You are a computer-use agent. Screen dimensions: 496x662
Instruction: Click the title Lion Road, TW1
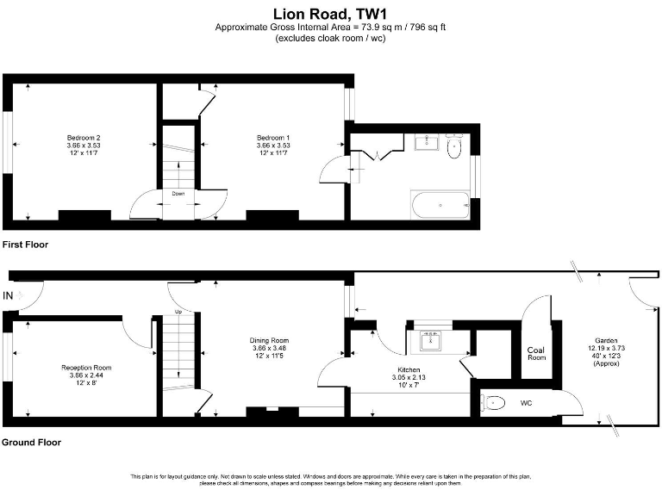(330, 13)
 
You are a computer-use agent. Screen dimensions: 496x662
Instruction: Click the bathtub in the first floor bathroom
(440, 205)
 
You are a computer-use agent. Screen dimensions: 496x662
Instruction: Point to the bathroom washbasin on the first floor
(428, 143)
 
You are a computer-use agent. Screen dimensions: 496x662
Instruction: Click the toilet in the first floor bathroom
(455, 148)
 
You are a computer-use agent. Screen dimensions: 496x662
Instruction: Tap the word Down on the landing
(178, 194)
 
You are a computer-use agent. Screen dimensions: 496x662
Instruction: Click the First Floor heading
(25, 245)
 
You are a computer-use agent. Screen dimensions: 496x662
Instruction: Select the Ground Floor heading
(31, 443)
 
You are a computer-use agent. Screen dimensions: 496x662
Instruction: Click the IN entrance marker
(9, 296)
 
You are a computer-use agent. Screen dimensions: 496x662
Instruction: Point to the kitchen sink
(429, 341)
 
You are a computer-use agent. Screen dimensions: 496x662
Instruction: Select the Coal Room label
(536, 354)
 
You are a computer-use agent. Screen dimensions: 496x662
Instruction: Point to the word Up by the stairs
(178, 311)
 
